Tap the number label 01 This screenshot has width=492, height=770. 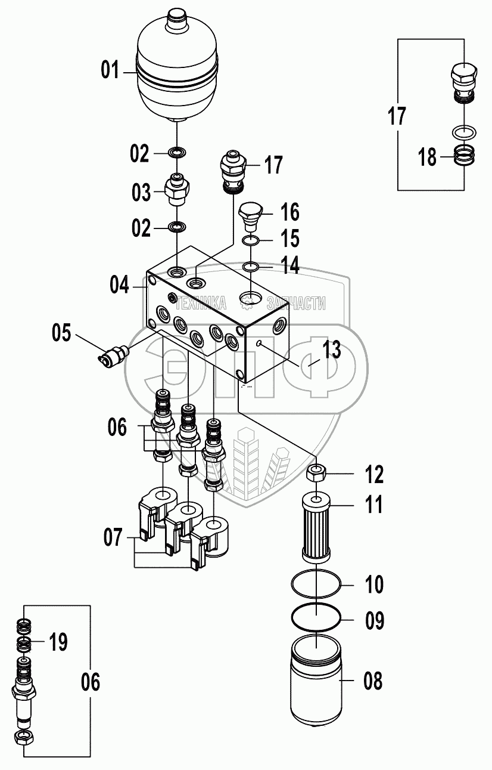[x=110, y=69]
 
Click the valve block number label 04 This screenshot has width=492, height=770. [x=119, y=285]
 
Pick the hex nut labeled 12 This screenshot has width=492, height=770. [x=316, y=474]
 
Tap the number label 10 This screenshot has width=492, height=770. [x=374, y=584]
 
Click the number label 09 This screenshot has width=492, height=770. [x=374, y=620]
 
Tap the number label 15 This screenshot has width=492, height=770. [x=289, y=238]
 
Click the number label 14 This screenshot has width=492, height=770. [x=289, y=265]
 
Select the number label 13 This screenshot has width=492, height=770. [x=331, y=350]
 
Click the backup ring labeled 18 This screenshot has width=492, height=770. [x=464, y=155]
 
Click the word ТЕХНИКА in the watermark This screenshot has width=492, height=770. [x=201, y=303]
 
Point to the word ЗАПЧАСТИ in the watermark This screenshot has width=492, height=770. [x=296, y=303]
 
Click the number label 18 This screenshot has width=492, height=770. [x=427, y=157]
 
